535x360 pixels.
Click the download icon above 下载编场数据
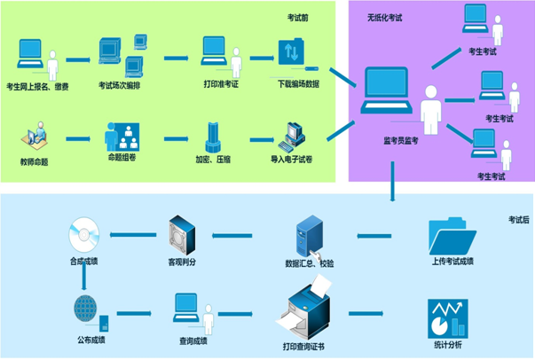(x=291, y=53)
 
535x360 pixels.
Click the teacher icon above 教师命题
(x=36, y=137)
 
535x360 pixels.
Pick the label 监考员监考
(x=400, y=140)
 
